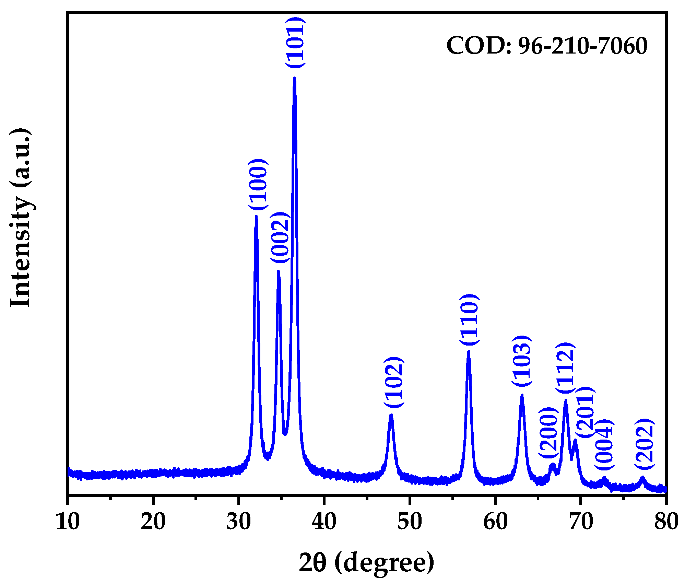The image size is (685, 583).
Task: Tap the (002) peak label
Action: click(281, 237)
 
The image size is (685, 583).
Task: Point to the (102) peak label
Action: click(394, 383)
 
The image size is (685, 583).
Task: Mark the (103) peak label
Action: click(522, 361)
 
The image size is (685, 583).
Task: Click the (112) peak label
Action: click(565, 368)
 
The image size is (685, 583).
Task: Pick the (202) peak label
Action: click(645, 444)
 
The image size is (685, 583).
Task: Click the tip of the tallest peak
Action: click(294, 78)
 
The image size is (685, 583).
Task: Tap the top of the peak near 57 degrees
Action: click(469, 352)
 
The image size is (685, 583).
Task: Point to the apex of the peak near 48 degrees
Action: click(391, 415)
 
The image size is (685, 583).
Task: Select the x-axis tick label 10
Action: click(68, 522)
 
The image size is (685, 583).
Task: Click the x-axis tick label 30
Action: click(239, 522)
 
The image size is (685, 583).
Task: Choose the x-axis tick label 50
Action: click(410, 522)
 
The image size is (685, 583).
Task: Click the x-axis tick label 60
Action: click(495, 522)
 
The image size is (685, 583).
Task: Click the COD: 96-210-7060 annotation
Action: click(547, 46)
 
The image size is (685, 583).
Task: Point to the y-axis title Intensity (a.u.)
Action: click(21, 218)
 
